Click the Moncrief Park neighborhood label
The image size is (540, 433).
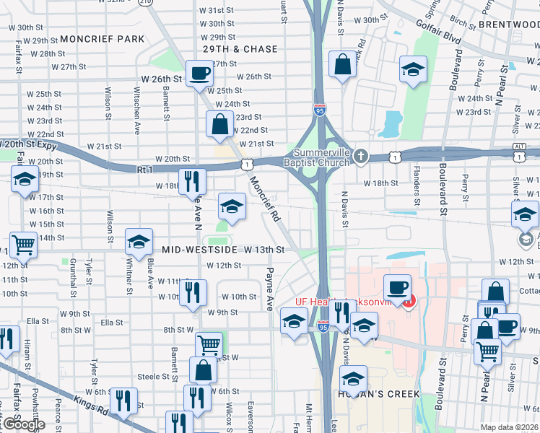coord(103,38)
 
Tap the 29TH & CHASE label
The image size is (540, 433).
coord(240,49)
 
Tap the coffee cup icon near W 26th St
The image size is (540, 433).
coord(199,72)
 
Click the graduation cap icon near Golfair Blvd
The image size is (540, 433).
coord(413,70)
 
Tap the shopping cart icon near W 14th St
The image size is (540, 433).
coord(23,245)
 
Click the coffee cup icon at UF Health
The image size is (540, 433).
coord(396,287)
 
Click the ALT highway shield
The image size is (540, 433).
coord(520,146)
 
